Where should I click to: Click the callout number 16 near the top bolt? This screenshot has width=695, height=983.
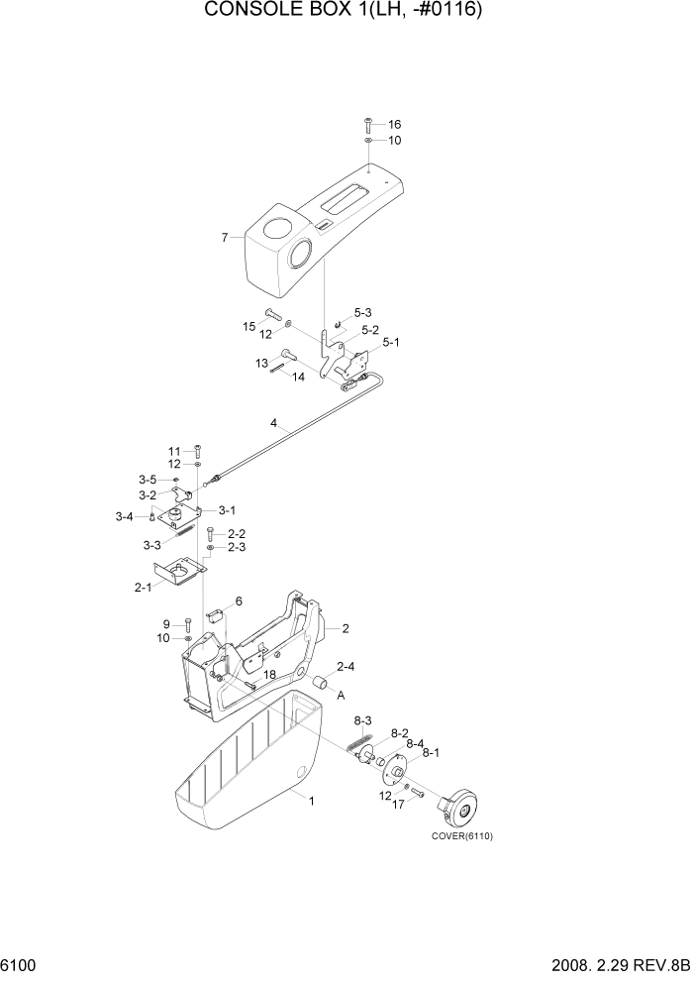(394, 125)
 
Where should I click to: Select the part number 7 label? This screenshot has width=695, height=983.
(225, 238)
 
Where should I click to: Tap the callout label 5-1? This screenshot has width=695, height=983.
(391, 344)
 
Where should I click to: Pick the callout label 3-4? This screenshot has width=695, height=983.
(124, 516)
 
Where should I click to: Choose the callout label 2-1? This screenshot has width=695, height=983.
(143, 587)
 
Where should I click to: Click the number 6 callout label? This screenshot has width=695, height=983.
(239, 601)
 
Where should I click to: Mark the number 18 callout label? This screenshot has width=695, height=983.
(268, 675)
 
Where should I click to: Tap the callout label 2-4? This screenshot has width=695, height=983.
(347, 666)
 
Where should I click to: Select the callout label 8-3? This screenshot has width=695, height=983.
(362, 720)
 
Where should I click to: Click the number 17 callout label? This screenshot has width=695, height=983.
(397, 804)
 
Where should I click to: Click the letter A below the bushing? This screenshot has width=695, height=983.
(341, 696)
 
